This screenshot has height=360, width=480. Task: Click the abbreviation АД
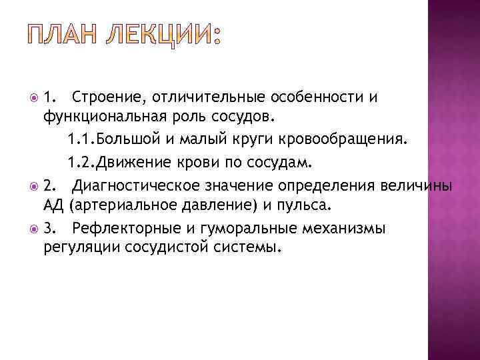[x=54, y=205]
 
